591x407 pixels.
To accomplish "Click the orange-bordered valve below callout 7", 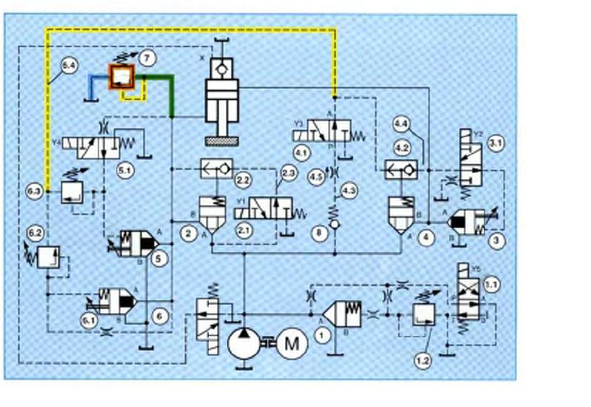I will click(120, 75).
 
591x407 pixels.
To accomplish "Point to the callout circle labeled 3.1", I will click(495, 144).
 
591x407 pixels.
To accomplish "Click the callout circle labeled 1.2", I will click(422, 361).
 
